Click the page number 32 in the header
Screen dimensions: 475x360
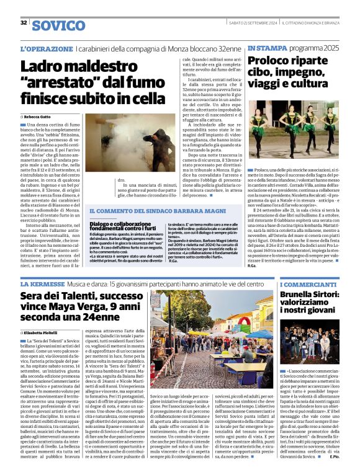click(24, 23)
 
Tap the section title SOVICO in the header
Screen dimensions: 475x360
click(58, 25)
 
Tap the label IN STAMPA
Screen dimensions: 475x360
click(266, 48)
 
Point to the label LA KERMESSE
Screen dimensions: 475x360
click(42, 283)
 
